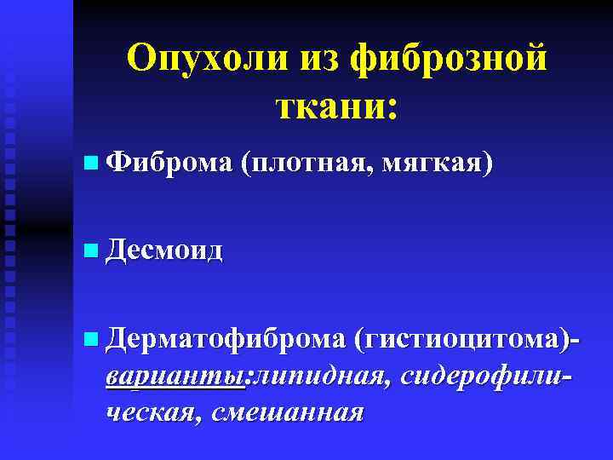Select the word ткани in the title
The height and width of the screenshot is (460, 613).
[x=327, y=106]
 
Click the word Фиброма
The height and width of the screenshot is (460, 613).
[x=170, y=162]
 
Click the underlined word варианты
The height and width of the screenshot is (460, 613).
[x=175, y=375]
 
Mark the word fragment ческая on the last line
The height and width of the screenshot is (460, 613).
[x=152, y=411]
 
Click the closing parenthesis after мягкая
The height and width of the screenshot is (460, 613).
[x=487, y=163]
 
